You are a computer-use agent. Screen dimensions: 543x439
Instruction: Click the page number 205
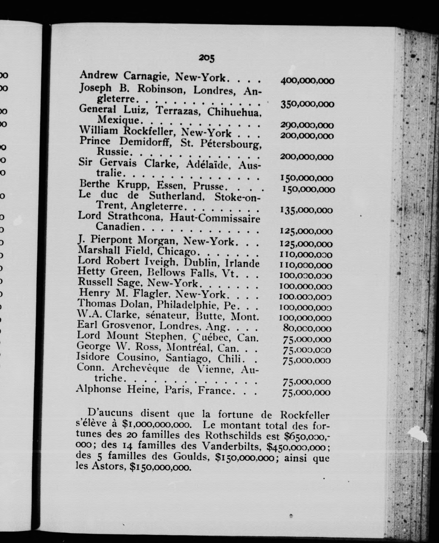click(206, 58)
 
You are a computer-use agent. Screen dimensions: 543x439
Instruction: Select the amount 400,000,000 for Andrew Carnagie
click(307, 81)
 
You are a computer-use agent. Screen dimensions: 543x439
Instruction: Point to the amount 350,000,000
click(307, 104)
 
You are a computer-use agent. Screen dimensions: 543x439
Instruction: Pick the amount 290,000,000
click(307, 125)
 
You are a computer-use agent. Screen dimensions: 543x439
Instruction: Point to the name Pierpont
click(112, 239)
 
